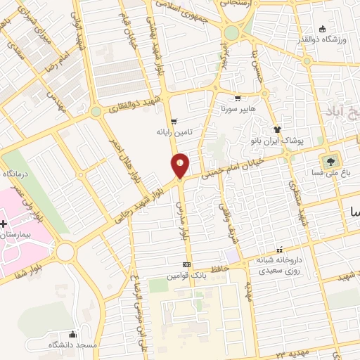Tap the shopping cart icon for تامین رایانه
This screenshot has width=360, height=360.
174,121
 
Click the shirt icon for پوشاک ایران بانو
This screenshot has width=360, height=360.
278,129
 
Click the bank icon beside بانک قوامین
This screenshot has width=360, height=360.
186,264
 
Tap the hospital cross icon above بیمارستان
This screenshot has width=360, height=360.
4,224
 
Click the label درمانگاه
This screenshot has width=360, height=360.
18,173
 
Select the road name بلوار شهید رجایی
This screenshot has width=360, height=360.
143,203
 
